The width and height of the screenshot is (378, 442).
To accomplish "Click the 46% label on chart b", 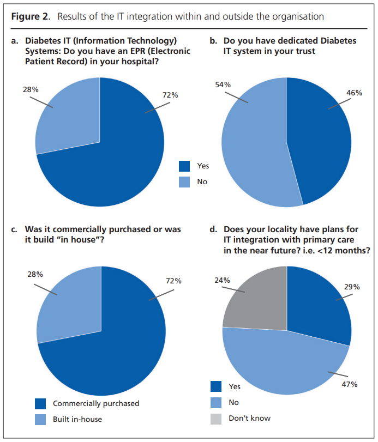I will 354,93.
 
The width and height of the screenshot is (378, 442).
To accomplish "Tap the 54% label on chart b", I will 223,84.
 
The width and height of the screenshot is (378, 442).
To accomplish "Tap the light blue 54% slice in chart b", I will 251,147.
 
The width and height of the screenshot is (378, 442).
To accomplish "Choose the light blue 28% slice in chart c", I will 68,302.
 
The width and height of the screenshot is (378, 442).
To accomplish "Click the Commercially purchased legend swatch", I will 40,403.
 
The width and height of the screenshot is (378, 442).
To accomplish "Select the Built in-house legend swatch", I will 40,419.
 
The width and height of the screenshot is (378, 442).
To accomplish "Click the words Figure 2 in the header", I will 28,16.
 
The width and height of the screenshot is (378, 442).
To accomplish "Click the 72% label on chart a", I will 170,95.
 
